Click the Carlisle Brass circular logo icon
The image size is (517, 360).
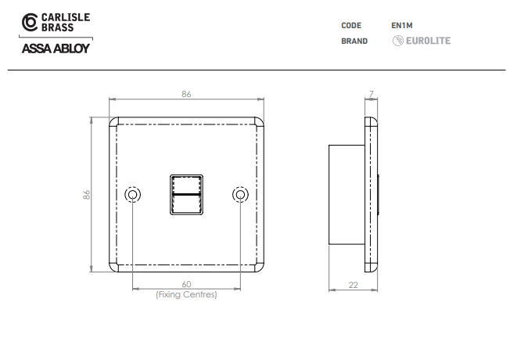coord(30,22)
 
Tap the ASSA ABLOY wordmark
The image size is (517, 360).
coord(56,49)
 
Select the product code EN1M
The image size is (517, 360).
coord(401,25)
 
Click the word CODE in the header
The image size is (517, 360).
coord(351,25)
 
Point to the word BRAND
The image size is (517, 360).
coord(354,41)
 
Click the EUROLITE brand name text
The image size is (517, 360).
coord(428,41)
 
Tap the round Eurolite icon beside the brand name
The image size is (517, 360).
coord(397,41)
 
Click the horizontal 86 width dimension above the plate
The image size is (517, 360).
coord(186,95)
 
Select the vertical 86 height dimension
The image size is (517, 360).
coord(87,195)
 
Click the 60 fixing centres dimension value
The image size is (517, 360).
coord(186,284)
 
